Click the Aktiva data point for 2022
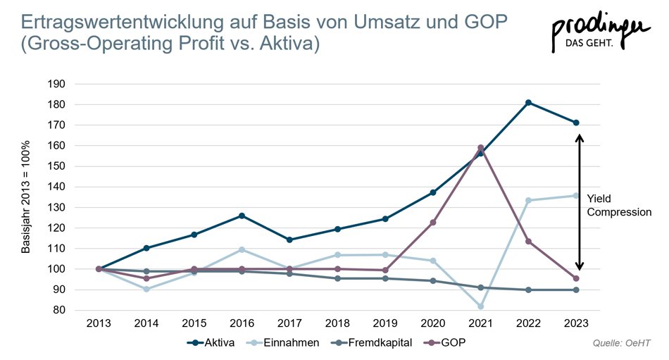coord(528,103)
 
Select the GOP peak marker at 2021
coord(480,148)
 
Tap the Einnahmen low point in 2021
coord(480,306)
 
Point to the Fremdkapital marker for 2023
coord(576,290)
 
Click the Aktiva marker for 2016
coord(242,216)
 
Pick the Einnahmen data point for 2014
coord(146,289)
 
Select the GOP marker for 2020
coord(432,223)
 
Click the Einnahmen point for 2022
coord(528,200)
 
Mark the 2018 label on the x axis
coord(337,323)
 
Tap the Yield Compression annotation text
coord(618,205)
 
